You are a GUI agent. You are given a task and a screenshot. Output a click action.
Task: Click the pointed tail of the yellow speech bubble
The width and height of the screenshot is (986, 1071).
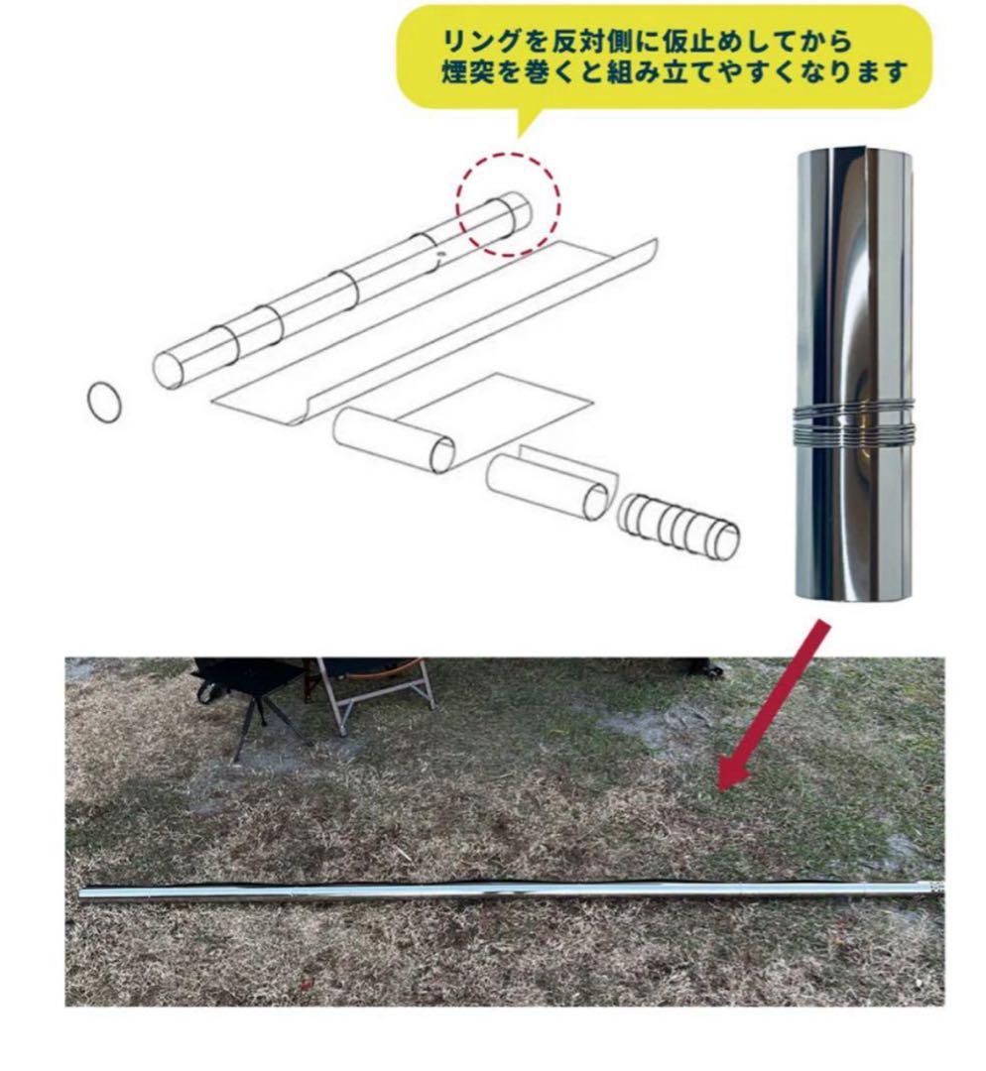[x=523, y=127]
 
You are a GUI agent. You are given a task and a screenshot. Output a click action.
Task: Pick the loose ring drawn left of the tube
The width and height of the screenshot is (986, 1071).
[x=106, y=402]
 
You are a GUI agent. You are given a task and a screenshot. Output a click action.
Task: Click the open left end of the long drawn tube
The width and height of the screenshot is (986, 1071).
[x=169, y=368]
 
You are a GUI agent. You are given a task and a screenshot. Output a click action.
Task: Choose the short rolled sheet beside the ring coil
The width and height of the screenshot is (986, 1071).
[x=550, y=482]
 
